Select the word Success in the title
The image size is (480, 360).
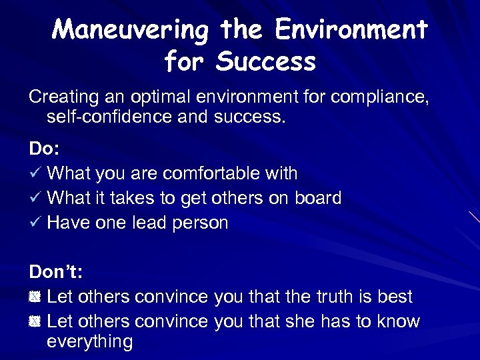pos(269,63)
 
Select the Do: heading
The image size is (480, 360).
pos(43,150)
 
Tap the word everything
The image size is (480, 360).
pos(90,341)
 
